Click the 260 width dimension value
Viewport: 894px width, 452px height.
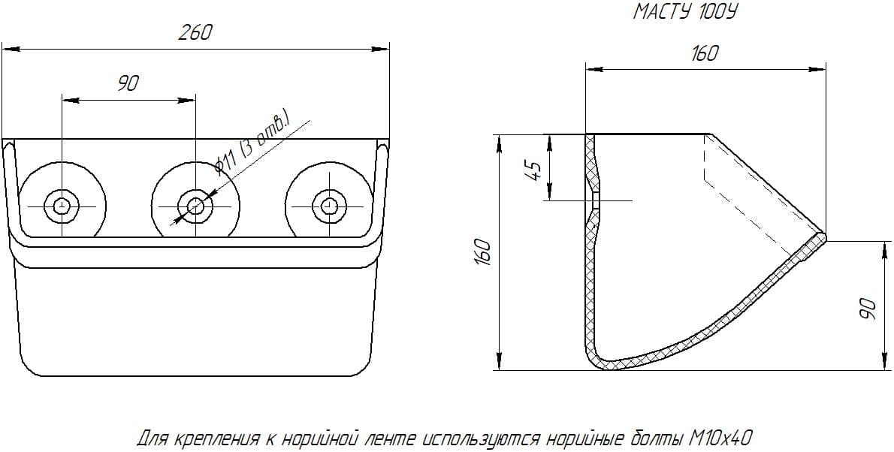pos(195,32)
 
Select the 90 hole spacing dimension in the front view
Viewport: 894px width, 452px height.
pos(128,83)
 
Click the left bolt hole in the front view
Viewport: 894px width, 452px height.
pos(62,204)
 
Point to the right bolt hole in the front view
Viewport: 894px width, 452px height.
pos(328,204)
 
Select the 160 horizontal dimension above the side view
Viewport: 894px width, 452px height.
pos(704,53)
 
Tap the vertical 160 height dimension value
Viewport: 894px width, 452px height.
pos(484,252)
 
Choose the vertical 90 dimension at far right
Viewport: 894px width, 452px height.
pos(869,306)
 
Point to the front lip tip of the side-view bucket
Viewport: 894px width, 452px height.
pos(823,237)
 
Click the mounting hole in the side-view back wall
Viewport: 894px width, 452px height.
pos(593,201)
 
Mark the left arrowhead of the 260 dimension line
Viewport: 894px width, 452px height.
pos(8,50)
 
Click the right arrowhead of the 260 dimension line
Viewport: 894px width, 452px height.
pos(383,50)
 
